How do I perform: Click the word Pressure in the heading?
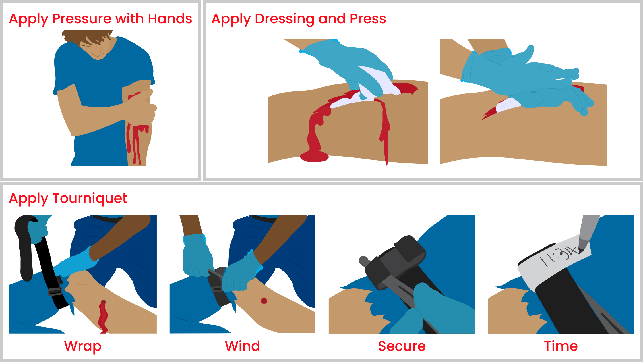82,19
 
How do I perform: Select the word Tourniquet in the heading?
90,198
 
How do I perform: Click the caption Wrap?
83,346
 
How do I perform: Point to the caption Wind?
243,346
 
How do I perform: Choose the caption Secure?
402,346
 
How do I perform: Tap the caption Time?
561,346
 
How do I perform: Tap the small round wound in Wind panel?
264,301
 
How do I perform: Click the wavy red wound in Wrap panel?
103,316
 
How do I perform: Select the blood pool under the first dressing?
314,157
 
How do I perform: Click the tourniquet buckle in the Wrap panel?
55,291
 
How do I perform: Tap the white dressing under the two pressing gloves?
507,105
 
